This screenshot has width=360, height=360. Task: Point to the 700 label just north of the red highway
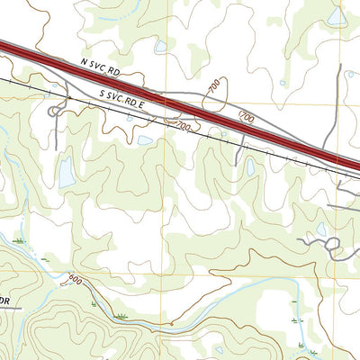pyautogui.click(x=247, y=117)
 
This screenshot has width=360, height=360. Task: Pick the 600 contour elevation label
pyautogui.click(x=74, y=280)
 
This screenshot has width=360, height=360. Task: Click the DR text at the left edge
pyautogui.click(x=4, y=299)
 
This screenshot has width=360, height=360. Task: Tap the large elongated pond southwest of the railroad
pyautogui.click(x=67, y=173)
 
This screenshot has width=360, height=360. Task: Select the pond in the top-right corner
pyautogui.click(x=337, y=16)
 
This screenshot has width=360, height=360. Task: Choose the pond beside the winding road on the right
pyautogui.click(x=321, y=229)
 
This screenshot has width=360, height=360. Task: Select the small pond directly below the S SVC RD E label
pyautogui.click(x=144, y=140)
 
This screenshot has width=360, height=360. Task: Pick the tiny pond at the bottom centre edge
pyautogui.click(x=219, y=350)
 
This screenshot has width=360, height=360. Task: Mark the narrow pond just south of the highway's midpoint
pyautogui.click(x=250, y=166)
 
